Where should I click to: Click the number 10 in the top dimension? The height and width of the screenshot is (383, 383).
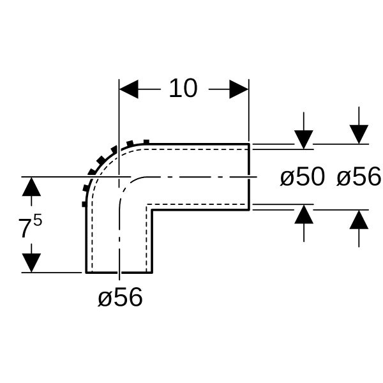pyautogui.click(x=183, y=88)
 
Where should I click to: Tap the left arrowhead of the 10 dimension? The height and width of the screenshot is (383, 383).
pyautogui.click(x=128, y=89)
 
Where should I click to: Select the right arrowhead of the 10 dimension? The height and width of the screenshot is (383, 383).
pyautogui.click(x=239, y=89)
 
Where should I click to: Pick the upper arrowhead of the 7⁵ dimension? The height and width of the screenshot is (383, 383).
pyautogui.click(x=31, y=186)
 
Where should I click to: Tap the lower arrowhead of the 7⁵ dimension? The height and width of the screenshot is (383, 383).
pyautogui.click(x=31, y=263)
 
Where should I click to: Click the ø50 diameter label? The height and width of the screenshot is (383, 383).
pyautogui.click(x=303, y=177)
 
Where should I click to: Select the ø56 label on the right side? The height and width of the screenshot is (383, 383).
pyautogui.click(x=358, y=177)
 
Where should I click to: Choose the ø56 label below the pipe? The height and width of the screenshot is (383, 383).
pyautogui.click(x=120, y=297)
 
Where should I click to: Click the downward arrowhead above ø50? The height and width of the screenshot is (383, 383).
pyautogui.click(x=304, y=140)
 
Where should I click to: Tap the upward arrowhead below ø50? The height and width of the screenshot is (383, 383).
pyautogui.click(x=304, y=214)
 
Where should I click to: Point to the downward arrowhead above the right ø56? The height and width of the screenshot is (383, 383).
pyautogui.click(x=359, y=134)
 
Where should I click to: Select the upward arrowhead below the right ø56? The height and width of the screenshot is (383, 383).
pyautogui.click(x=359, y=220)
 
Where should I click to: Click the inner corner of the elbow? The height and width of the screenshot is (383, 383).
pyautogui.click(x=152, y=209)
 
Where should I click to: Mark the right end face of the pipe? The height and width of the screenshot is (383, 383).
pyautogui.click(x=249, y=177)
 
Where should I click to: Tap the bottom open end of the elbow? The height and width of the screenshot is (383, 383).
pyautogui.click(x=119, y=272)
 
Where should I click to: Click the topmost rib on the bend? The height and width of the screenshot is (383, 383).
pyautogui.click(x=146, y=142)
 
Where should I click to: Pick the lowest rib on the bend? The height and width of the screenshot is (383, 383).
pyautogui.click(x=84, y=204)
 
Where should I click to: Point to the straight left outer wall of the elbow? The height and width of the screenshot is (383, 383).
pyautogui.click(x=86, y=238)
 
